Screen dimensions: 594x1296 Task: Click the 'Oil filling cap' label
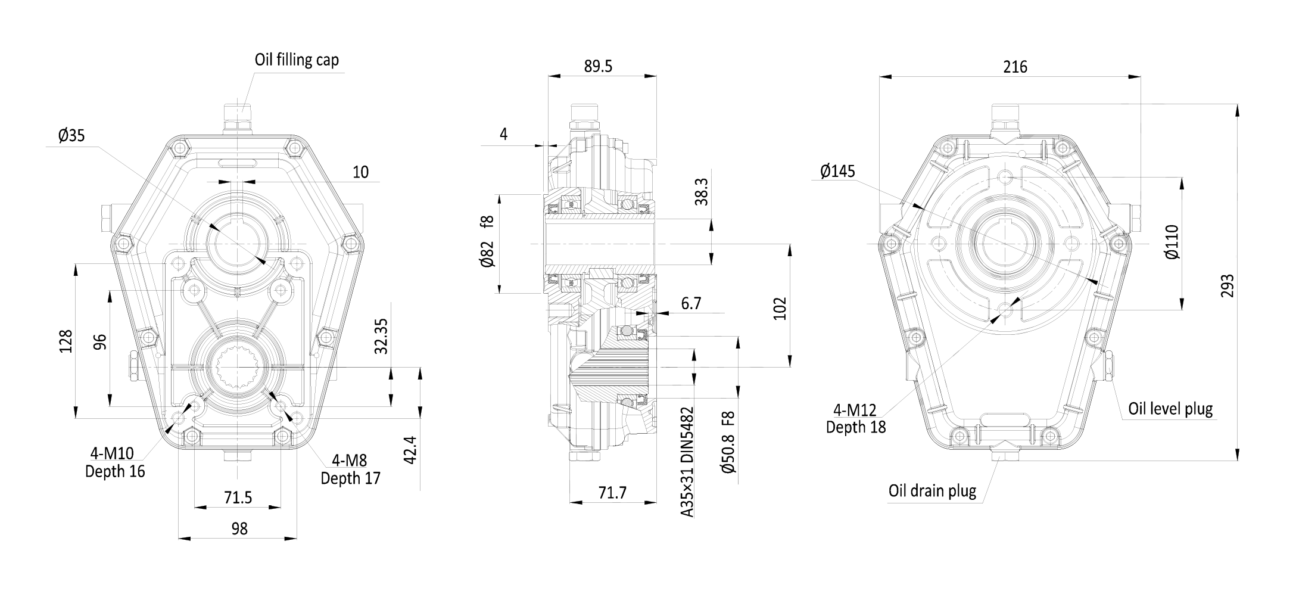[297, 60]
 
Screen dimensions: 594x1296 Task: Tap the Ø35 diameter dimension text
[71, 136]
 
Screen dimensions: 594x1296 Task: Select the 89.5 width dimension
[597, 66]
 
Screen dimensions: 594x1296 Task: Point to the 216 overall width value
[1015, 67]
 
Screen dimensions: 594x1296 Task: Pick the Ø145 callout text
[837, 172]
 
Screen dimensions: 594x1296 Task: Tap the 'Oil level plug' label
[1170, 409]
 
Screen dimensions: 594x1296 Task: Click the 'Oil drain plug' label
[932, 491]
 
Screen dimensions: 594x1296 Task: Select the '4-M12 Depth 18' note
[856, 419]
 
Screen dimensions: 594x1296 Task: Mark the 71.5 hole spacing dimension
[238, 497]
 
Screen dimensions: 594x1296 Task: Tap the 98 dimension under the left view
[239, 528]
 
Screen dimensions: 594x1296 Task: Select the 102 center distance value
[780, 309]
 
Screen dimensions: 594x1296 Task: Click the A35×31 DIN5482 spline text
[687, 462]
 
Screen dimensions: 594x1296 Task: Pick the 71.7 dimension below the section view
[612, 493]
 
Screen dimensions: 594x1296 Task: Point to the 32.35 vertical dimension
[381, 337]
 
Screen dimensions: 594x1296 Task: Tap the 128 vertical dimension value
[66, 341]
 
